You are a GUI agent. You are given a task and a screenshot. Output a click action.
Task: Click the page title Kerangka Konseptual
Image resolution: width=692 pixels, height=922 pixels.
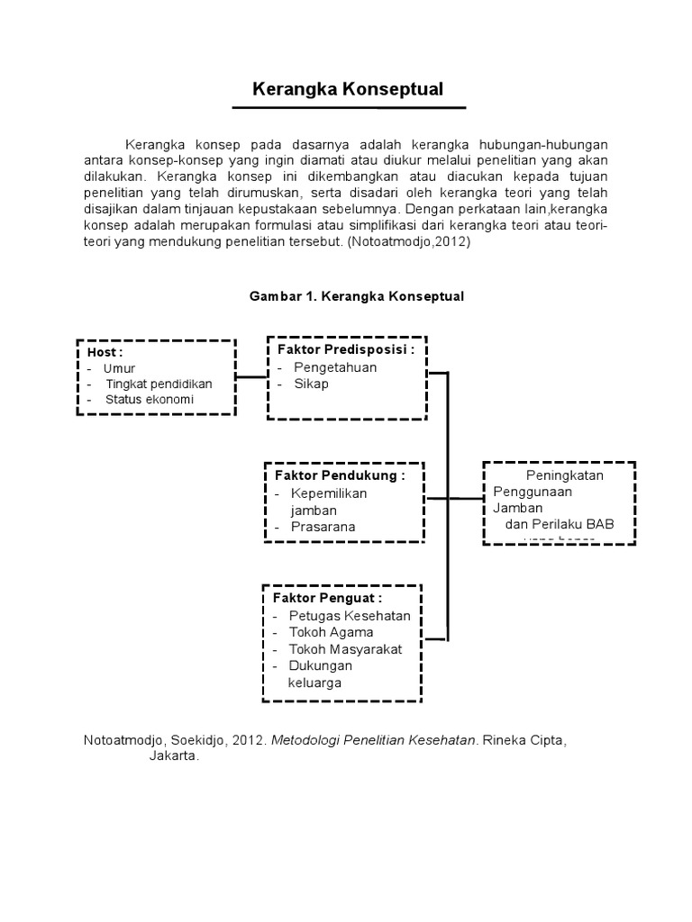[x=348, y=90]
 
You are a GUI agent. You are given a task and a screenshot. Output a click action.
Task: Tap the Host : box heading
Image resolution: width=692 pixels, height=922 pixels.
[x=105, y=352]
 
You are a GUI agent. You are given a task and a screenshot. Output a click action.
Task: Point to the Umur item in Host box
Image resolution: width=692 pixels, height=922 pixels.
[x=119, y=368]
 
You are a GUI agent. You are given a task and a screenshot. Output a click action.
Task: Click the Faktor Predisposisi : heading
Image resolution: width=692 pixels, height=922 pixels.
[x=345, y=350]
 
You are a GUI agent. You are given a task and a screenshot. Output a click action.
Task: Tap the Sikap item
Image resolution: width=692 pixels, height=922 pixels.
[x=311, y=384]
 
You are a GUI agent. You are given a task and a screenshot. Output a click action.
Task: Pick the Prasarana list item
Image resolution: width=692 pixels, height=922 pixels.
[x=323, y=527]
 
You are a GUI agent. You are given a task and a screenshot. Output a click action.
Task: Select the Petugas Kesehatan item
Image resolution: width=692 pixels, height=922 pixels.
[x=350, y=616]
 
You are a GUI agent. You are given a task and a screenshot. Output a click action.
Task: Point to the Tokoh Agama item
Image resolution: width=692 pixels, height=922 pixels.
[x=331, y=632]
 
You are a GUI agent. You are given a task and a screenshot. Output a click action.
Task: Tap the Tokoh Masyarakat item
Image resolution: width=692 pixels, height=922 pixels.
[x=345, y=649]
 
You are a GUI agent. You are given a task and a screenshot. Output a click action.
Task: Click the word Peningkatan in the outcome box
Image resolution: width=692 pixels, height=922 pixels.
[x=565, y=475]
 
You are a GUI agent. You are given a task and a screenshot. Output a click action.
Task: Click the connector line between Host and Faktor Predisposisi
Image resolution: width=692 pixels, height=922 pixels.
[x=251, y=376]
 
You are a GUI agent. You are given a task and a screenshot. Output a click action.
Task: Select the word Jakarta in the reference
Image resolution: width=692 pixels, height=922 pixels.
[x=173, y=756]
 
